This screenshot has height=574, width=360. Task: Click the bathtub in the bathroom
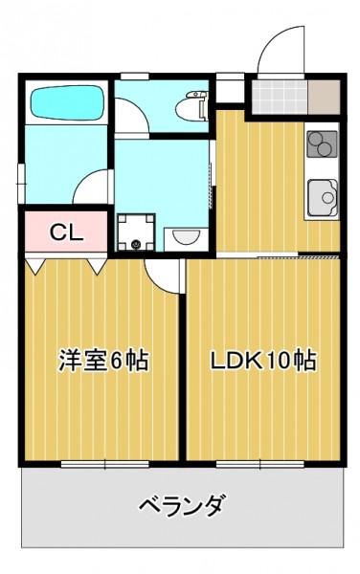coord(67,102)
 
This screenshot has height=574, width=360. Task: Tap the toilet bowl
coord(191,105)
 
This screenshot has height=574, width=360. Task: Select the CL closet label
coord(67,232)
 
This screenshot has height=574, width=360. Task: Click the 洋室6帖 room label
coord(103,361)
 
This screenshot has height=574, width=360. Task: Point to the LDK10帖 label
coord(263,361)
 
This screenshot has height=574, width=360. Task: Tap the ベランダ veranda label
coord(182,506)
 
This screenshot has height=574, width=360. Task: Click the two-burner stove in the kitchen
coord(322,143)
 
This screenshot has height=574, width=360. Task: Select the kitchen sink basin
coord(323,198)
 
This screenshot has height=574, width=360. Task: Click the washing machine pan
coord(136,232)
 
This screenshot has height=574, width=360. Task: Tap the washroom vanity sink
coord(186,239)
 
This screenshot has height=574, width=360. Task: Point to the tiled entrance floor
coord(280,97)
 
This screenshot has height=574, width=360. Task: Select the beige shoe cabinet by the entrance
coord(324,97)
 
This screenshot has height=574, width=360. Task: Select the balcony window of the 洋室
coord(104,464)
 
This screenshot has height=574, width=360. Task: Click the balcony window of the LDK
coord(260,464)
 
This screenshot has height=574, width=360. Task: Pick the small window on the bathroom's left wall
coord(21,183)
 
